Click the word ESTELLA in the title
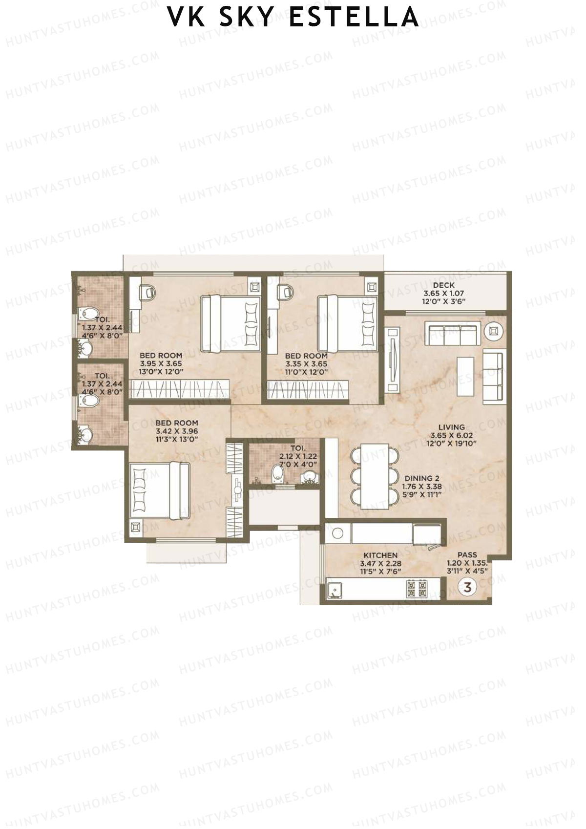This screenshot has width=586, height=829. (354, 17)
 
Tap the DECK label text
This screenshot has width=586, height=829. (443, 285)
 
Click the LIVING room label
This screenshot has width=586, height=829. (451, 427)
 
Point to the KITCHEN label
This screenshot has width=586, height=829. (380, 555)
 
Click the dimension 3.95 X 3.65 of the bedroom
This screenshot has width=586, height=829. (161, 364)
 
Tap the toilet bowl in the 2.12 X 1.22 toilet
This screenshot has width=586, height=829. (277, 472)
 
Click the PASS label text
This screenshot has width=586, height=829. (467, 555)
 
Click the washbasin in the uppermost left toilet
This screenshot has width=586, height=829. (86, 348)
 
